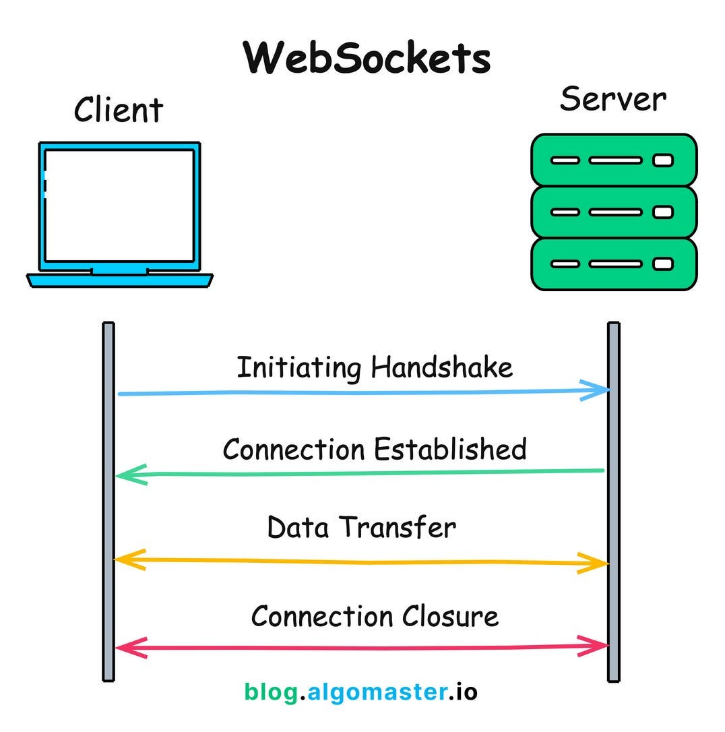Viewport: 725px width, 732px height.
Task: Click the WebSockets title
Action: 367,58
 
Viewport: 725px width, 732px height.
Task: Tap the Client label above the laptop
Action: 119,110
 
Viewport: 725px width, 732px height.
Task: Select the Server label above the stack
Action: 613,99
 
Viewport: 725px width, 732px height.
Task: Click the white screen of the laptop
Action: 120,206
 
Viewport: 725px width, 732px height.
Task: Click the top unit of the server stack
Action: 613,160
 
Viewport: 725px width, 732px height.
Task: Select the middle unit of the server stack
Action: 613,212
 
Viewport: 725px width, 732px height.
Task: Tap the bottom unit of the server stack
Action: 613,264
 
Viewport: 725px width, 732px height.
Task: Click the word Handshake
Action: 442,368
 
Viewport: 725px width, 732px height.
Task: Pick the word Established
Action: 450,450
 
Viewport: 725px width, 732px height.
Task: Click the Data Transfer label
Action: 362,527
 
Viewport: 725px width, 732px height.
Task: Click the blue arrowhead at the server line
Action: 597,390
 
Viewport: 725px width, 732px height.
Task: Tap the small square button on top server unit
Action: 663,160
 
